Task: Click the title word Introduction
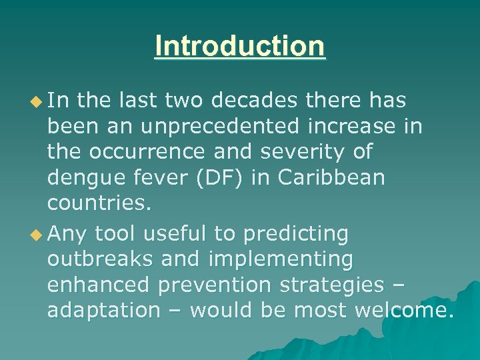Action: tap(240, 46)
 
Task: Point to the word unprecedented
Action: tap(204, 126)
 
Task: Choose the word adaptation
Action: tap(104, 310)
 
